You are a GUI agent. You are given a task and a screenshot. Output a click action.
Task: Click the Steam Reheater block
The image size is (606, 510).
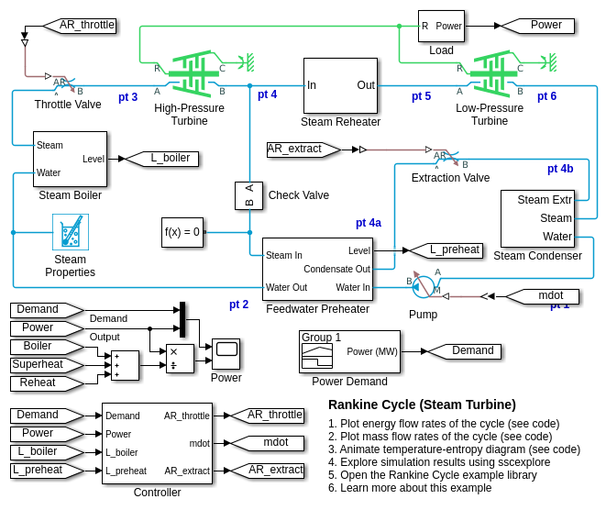[x=340, y=85]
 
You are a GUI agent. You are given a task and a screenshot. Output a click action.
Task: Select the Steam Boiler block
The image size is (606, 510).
[x=70, y=159]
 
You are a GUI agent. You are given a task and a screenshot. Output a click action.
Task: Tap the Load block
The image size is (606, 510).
[x=441, y=26]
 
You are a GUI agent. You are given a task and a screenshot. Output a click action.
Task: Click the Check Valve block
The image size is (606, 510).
[x=248, y=194]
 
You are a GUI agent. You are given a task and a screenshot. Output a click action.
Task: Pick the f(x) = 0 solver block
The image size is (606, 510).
[x=182, y=232]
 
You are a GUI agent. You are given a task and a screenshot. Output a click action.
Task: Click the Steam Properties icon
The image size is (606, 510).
[x=71, y=232]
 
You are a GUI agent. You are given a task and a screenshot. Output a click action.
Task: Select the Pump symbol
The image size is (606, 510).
[x=423, y=286]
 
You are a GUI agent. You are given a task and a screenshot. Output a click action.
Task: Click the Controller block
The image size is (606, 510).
[x=157, y=443]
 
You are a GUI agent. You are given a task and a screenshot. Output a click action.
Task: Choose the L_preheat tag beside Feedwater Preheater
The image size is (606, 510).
[x=447, y=249]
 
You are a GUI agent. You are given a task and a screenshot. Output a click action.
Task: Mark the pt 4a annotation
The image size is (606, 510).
[x=369, y=223]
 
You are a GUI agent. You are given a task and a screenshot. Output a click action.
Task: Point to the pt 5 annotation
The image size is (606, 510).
[x=421, y=96]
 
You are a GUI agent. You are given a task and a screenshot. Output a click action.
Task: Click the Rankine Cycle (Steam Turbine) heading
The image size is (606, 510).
[x=422, y=405]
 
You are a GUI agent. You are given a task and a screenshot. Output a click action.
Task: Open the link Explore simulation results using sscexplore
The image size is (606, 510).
[x=440, y=462]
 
